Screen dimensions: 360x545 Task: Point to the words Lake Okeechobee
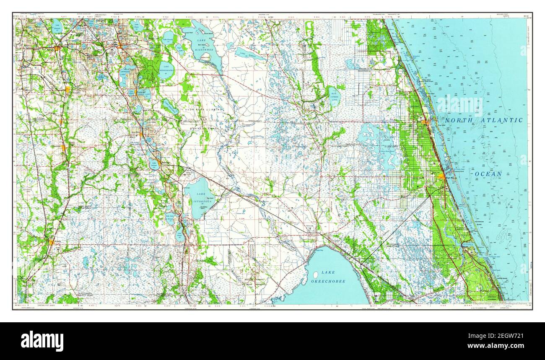328,277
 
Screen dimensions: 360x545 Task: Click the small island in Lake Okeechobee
315,275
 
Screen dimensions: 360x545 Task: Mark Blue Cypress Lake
335,97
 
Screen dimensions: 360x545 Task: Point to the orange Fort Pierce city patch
441,177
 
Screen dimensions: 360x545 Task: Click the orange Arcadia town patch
52,242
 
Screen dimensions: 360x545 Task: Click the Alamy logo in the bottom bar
42,341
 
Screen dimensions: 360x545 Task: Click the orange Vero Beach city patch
425,122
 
